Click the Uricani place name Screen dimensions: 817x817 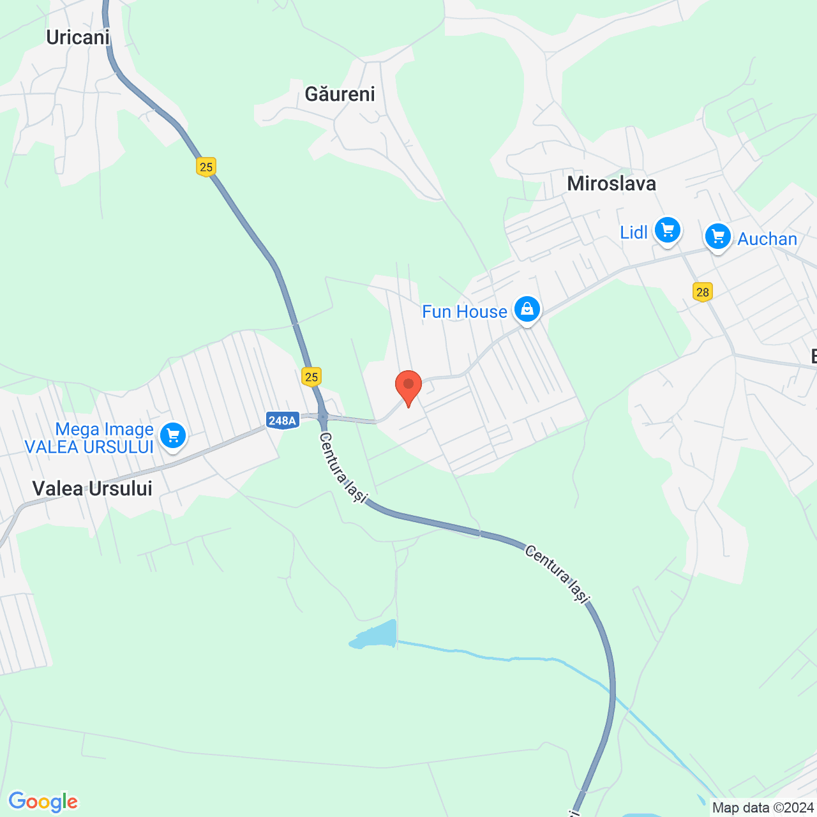pos(78,38)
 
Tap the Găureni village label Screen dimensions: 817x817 pos(340,94)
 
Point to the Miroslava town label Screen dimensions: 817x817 pos(611,184)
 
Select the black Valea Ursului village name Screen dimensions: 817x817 pos(93,489)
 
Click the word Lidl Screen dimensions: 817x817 pos(634,233)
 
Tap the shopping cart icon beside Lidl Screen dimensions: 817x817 pos(668,230)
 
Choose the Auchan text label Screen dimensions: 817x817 pos(767,239)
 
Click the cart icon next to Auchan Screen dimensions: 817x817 pos(718,237)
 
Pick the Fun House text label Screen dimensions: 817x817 pos(465,311)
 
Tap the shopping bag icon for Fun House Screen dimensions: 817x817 pos(527,310)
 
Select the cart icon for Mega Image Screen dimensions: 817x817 pos(172,435)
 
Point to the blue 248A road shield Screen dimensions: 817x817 pos(282,421)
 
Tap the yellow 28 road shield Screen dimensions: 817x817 pos(702,292)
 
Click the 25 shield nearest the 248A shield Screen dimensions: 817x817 pos(311,377)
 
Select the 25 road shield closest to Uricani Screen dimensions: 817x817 pos(206,167)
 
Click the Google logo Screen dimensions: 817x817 pos(43,802)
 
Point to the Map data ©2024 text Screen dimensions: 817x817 pos(763,808)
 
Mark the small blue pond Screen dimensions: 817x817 pos(375,636)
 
